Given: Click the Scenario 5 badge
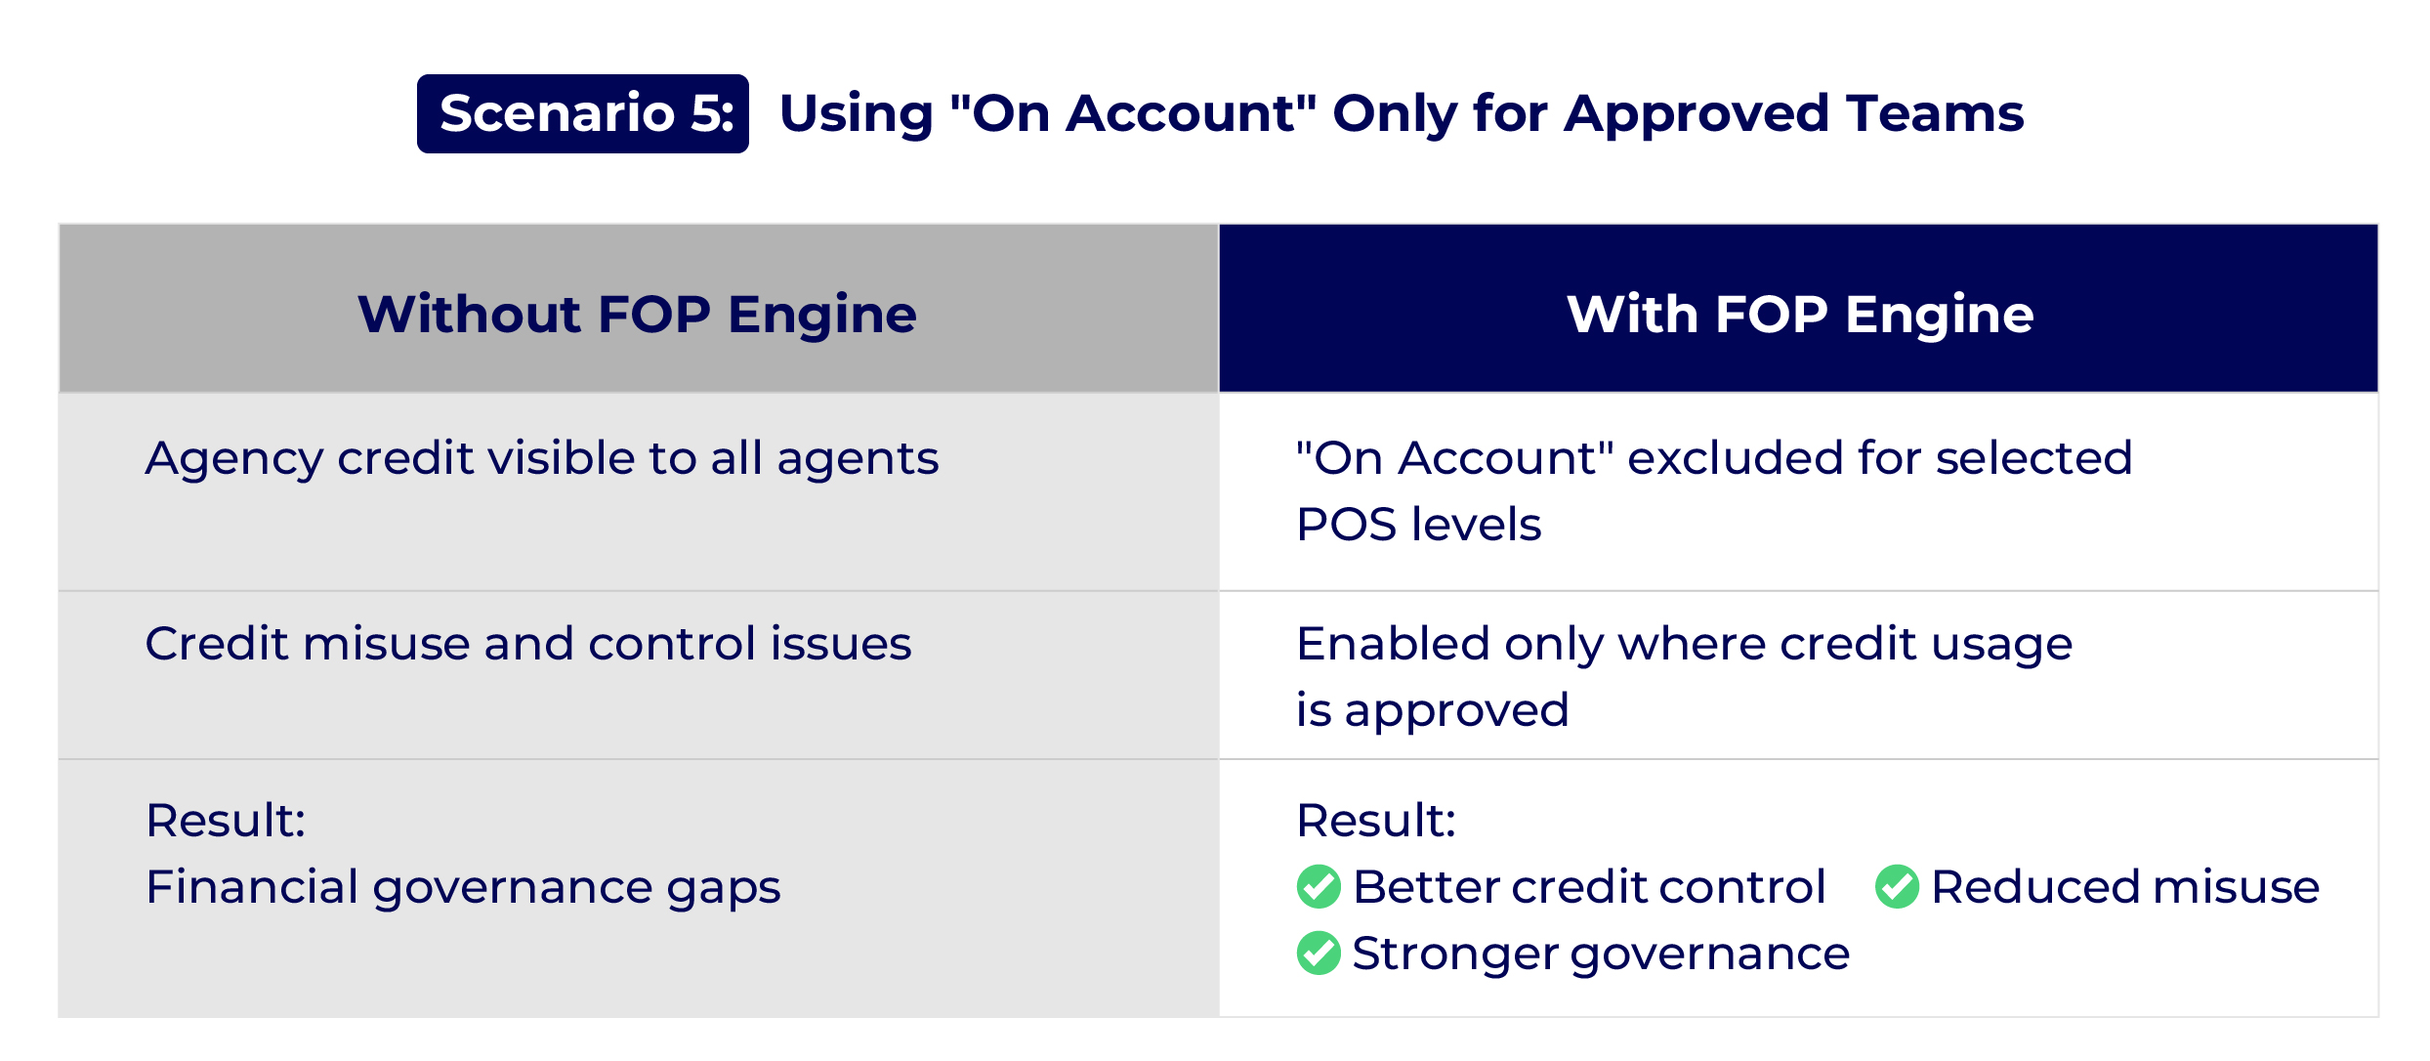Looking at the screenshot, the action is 583,113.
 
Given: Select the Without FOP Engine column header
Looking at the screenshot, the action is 638,315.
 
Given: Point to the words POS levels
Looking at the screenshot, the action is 1419,525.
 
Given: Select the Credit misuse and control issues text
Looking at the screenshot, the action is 528,644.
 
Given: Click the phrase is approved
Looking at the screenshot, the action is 1433,710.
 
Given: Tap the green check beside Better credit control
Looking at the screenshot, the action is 1319,886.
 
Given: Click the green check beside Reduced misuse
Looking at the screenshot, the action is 1897,886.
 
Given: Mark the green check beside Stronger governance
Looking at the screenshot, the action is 1319,953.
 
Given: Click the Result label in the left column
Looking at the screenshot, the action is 226,821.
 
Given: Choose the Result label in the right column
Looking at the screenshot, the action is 1376,821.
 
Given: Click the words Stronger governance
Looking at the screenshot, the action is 1601,954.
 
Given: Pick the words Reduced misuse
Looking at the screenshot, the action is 2125,887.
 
